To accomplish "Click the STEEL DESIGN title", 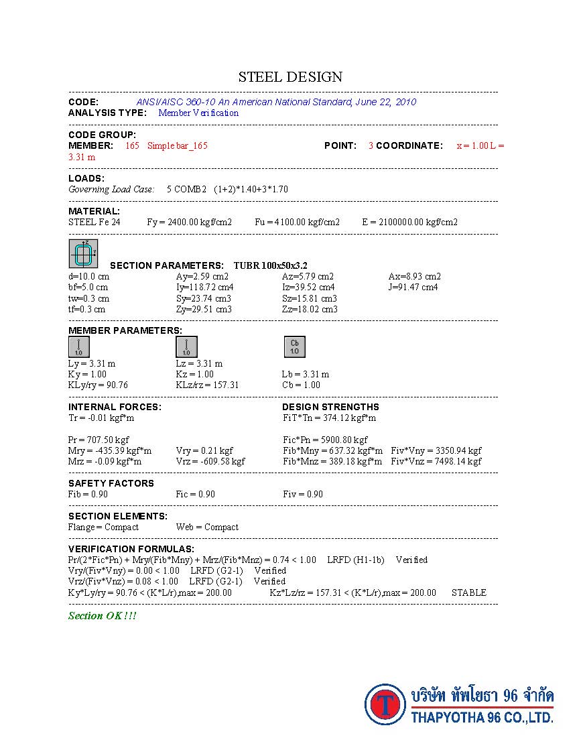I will click(x=290, y=77).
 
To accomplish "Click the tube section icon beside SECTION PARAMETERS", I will click(x=83, y=254).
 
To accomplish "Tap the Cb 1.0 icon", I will click(x=294, y=347).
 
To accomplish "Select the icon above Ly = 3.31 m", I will click(x=79, y=347).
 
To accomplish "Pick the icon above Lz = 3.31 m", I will click(x=186, y=347).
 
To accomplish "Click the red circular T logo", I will click(x=385, y=704).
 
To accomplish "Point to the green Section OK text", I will click(x=102, y=616).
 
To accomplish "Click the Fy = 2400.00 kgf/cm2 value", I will click(x=190, y=222).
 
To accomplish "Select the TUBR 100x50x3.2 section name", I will click(x=271, y=265).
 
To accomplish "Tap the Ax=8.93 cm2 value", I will click(x=414, y=276).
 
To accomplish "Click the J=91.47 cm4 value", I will click(x=413, y=287).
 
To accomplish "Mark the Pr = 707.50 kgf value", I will click(x=99, y=440).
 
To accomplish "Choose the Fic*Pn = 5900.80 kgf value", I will click(x=325, y=440).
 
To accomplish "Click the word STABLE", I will click(x=468, y=592).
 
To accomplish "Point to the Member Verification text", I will click(x=198, y=113).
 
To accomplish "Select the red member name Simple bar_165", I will click(x=177, y=145).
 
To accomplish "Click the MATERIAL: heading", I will click(x=94, y=211).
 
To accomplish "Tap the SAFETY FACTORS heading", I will click(x=111, y=483).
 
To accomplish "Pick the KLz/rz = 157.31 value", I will click(x=207, y=385).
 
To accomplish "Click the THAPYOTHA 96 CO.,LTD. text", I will click(x=482, y=718).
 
